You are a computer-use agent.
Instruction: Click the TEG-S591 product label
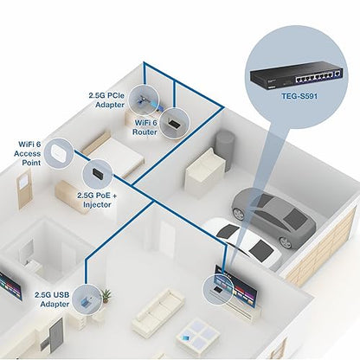click(299, 95)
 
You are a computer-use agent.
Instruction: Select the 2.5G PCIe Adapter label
click(106, 100)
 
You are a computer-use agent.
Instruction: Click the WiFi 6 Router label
click(145, 127)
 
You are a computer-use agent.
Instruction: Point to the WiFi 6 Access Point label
click(28, 153)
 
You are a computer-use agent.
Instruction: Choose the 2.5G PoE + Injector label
click(97, 200)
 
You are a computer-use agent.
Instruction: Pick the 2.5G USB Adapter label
click(52, 299)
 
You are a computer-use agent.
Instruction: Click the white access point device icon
click(59, 152)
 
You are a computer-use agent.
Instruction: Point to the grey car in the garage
click(273, 215)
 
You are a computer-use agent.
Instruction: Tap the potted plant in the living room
click(106, 296)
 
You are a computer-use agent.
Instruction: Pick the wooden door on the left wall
click(24, 190)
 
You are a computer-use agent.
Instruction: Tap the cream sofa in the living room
click(158, 310)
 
